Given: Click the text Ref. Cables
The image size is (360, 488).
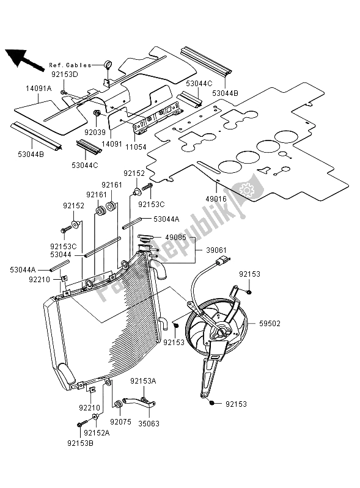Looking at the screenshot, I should [70, 65].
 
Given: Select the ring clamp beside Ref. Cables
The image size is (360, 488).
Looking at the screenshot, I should [108, 63].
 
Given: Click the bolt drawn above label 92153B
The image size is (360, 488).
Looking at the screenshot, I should [79, 425].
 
